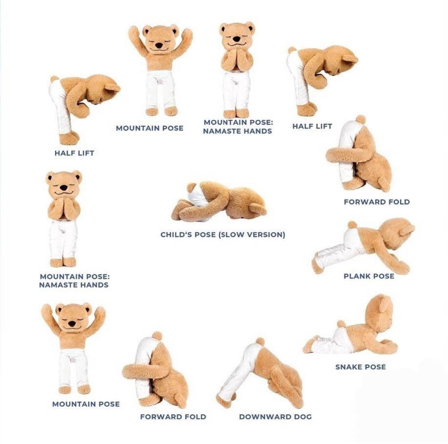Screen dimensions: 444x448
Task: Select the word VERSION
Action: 266,235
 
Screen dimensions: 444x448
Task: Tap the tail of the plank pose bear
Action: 352,225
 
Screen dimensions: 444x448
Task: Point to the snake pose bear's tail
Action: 341,324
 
